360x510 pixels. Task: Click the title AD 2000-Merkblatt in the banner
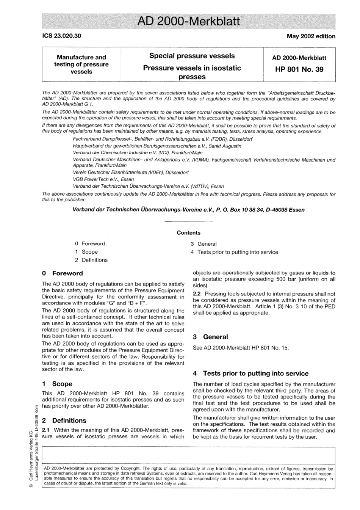coord(188,21)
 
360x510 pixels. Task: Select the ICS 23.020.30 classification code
coord(61,36)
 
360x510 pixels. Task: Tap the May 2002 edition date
coord(311,36)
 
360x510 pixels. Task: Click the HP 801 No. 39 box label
coord(299,69)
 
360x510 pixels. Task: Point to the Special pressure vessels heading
coord(192,56)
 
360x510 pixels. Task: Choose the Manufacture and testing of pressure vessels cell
coord(81,64)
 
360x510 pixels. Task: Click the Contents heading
coord(188,233)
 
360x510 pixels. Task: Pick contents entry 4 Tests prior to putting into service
coord(234,252)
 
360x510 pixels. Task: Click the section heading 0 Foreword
coord(63,273)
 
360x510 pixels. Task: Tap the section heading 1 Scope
coord(57,384)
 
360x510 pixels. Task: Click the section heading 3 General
coord(211,337)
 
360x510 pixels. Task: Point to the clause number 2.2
coord(197,294)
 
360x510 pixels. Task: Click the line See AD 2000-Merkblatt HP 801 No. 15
coord(241,348)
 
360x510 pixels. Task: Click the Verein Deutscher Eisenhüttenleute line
coord(125,173)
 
